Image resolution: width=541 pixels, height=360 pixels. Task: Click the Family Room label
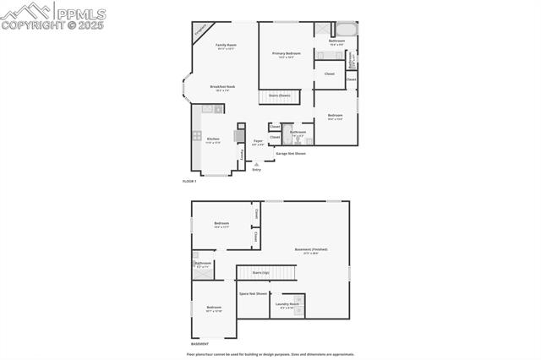click(226, 46)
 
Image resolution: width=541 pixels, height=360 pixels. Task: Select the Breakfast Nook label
click(222, 87)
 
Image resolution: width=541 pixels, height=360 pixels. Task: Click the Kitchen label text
click(213, 139)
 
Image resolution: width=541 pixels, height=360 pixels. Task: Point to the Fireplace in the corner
click(200, 29)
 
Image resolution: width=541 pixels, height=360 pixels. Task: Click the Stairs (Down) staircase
click(280, 95)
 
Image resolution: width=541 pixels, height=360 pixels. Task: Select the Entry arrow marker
click(256, 164)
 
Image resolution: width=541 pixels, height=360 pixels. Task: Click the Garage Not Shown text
click(290, 153)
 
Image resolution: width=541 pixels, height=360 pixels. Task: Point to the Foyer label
click(258, 142)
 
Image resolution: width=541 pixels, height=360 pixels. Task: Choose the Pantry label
click(243, 154)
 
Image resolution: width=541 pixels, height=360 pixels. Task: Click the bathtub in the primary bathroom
click(347, 29)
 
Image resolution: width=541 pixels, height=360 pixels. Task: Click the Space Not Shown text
click(252, 293)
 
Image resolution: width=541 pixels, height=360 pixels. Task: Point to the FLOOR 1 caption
click(189, 181)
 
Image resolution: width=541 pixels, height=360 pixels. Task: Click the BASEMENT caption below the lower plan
click(199, 344)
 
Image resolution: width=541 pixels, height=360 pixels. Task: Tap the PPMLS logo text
click(80, 11)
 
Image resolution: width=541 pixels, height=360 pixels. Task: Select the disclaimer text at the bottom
click(270, 355)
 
